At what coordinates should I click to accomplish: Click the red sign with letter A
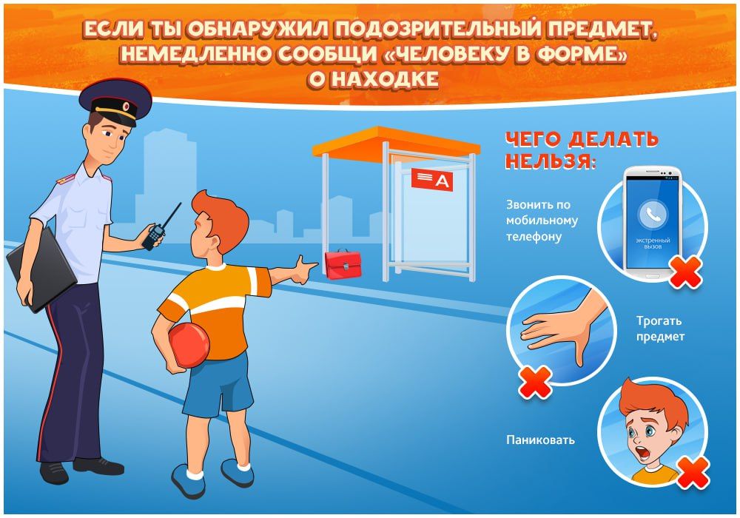coord(432,180)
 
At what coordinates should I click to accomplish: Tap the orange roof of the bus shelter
coord(395,143)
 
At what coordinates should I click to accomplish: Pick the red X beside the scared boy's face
coord(693,472)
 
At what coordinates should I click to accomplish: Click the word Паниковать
coord(541,440)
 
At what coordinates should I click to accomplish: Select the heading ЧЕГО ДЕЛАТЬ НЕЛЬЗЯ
coord(580,150)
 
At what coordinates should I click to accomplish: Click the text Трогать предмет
coord(660,329)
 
